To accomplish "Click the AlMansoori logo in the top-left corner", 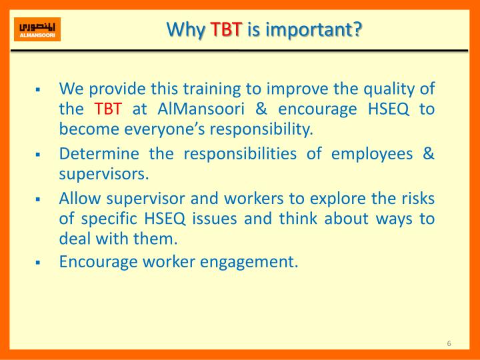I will pyautogui.click(x=37, y=29).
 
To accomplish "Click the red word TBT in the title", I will pyautogui.click(x=226, y=29).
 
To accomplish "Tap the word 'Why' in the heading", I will pyautogui.click(x=185, y=29).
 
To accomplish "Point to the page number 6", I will pyautogui.click(x=449, y=343).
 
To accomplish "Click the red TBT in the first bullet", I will pyautogui.click(x=107, y=109).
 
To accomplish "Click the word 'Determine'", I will pyautogui.click(x=99, y=154).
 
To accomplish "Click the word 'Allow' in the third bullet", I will pyautogui.click(x=77, y=199).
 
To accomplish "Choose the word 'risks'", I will pyautogui.click(x=416, y=199).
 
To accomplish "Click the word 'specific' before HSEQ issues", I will pyautogui.click(x=105, y=219).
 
